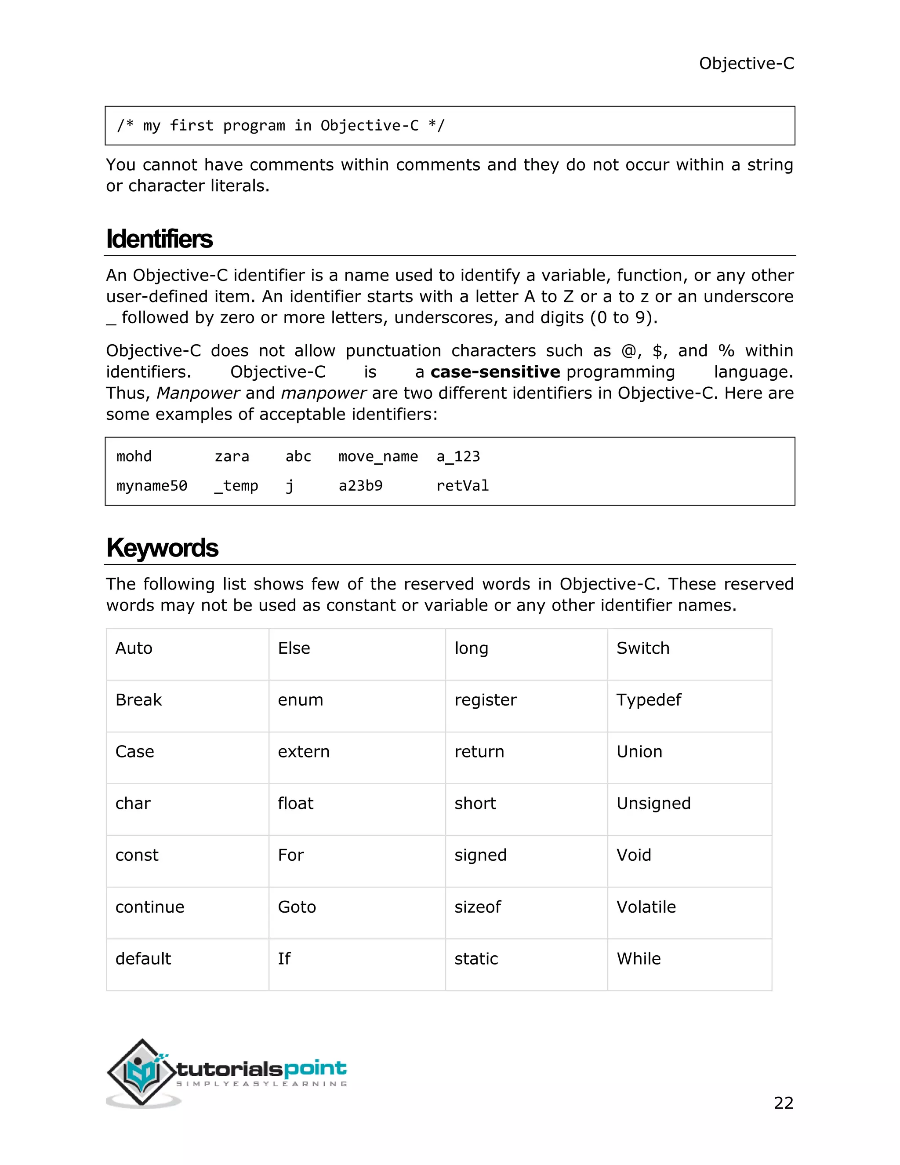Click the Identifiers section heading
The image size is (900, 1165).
click(x=159, y=239)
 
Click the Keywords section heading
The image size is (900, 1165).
click(x=162, y=548)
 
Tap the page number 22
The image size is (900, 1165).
click(x=783, y=1103)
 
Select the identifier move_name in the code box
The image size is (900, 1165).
click(x=377, y=457)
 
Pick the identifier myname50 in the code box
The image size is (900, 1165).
click(x=152, y=485)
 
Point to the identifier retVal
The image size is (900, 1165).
click(x=462, y=485)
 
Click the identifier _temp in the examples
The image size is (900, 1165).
click(x=236, y=485)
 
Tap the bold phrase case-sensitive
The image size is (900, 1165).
click(x=495, y=372)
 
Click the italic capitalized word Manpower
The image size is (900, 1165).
click(x=198, y=393)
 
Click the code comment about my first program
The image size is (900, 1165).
click(x=280, y=126)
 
